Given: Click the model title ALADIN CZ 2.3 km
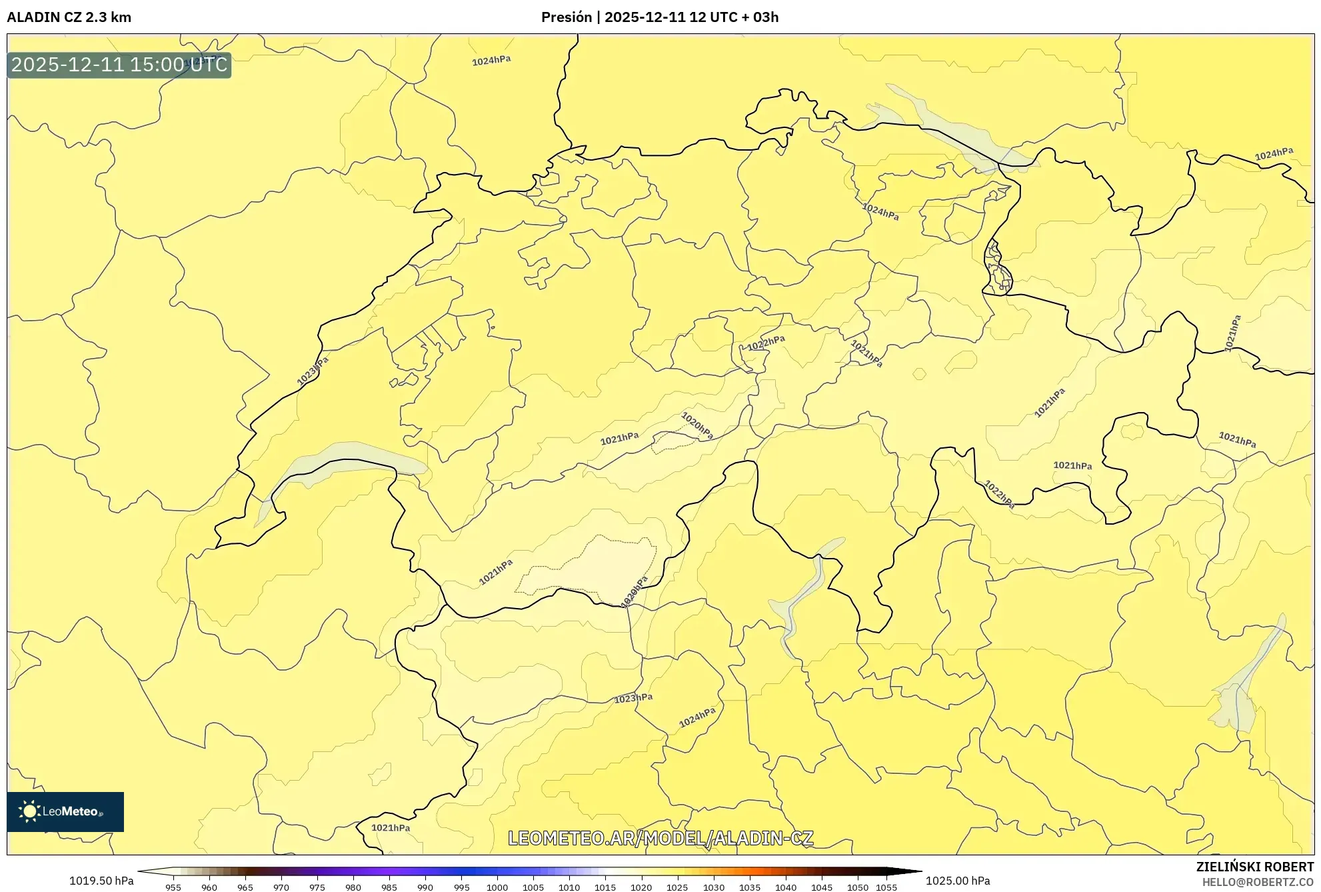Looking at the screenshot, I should (x=69, y=17).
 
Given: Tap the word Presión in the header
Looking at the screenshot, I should (x=566, y=17).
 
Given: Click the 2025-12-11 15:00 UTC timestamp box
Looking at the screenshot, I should (x=119, y=65).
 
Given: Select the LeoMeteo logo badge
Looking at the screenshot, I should (x=65, y=811).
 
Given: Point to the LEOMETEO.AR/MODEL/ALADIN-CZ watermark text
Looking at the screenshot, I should (x=660, y=838).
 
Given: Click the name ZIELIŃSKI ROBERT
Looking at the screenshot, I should (x=1254, y=867).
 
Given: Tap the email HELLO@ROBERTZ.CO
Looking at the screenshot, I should (x=1257, y=882).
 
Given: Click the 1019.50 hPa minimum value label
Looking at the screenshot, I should (x=101, y=881).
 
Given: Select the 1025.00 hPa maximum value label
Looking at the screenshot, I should (x=957, y=881).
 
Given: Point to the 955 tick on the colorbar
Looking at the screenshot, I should (x=173, y=887).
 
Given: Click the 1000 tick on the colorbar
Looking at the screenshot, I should (x=497, y=887).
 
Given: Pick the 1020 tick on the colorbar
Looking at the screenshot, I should (x=641, y=887).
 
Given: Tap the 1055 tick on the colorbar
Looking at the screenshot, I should (x=886, y=887).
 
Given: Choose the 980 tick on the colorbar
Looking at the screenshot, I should (x=353, y=887).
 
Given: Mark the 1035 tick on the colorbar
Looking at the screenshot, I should (x=749, y=887).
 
